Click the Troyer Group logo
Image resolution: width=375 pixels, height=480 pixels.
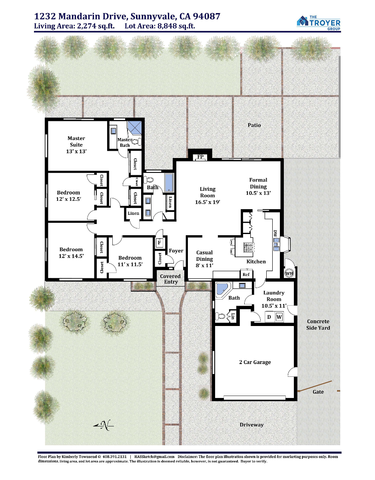click(318, 22)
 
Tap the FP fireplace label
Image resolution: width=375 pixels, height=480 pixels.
click(200, 157)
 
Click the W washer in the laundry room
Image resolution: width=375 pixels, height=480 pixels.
click(279, 317)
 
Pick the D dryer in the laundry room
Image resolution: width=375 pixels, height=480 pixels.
click(269, 317)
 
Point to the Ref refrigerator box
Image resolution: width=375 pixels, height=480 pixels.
click(246, 274)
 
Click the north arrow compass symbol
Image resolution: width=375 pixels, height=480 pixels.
click(104, 425)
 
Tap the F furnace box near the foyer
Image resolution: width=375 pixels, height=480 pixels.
click(160, 243)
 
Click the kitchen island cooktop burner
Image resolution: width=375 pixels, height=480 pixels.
click(249, 246)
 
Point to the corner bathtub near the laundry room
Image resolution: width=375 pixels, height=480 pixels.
click(223, 289)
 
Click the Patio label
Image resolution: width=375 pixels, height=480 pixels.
click(254, 125)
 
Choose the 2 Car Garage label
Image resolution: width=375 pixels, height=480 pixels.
click(255, 362)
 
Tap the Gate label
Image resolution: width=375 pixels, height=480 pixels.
click(318, 392)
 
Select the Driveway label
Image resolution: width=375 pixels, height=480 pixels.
click(251, 425)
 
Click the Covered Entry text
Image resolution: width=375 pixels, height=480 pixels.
click(170, 279)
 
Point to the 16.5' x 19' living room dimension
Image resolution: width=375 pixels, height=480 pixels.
click(207, 202)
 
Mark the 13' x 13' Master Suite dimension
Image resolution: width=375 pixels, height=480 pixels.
click(76, 152)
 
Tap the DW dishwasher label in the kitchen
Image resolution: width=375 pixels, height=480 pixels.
click(275, 234)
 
